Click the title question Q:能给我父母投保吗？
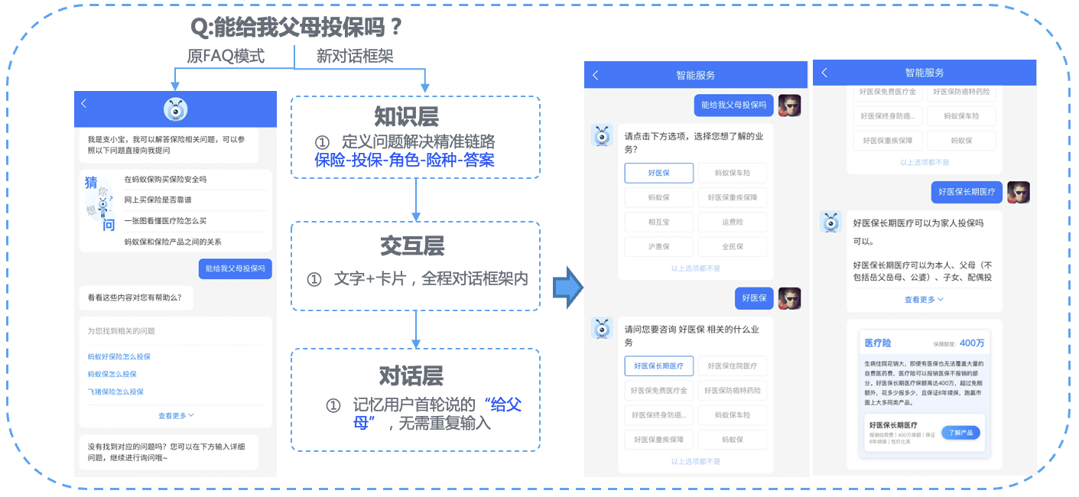(297, 28)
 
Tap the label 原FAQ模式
(226, 57)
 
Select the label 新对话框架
(355, 57)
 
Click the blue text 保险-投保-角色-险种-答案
(405, 160)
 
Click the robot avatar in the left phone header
(176, 109)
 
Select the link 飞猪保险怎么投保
(115, 392)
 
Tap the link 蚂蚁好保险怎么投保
(119, 357)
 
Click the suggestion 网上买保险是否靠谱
(158, 200)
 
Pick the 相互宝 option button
(658, 223)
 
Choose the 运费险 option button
(732, 223)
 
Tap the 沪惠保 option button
(658, 247)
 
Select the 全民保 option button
(732, 247)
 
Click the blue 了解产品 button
(960, 433)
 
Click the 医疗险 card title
(877, 343)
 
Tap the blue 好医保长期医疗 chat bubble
(967, 193)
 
